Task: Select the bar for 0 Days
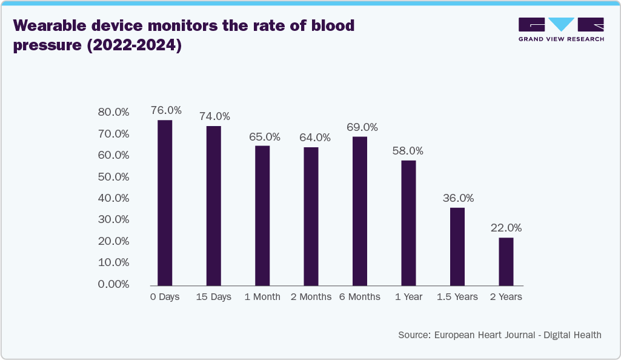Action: tap(165, 203)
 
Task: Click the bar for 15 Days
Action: tap(213, 206)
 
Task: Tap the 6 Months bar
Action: tap(360, 211)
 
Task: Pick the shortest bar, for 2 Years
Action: tap(506, 261)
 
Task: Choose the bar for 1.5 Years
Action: tap(457, 247)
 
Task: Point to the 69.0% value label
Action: tap(362, 127)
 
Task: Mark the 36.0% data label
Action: tap(459, 198)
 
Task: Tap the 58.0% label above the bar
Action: tap(408, 151)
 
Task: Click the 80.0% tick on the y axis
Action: tap(114, 112)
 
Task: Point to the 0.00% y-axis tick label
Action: tap(114, 284)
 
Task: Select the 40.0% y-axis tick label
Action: tap(114, 198)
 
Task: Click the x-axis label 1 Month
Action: tap(262, 297)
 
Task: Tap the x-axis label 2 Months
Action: tap(311, 297)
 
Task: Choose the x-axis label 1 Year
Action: tap(408, 297)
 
